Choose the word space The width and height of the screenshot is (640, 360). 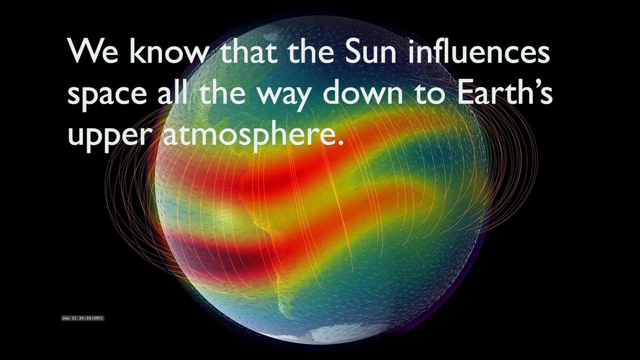pos(107,94)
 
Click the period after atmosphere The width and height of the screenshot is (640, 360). pos(340,142)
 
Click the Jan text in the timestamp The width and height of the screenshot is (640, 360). pos(66,318)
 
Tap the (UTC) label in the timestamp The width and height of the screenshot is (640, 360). pos(97,318)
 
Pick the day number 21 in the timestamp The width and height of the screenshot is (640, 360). pos(74,318)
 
